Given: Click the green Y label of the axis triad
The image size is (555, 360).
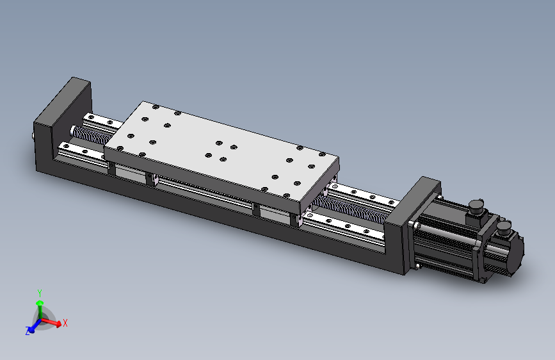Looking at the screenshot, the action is pyautogui.click(x=40, y=293).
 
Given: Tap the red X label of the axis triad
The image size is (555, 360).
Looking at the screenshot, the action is pyautogui.click(x=65, y=323).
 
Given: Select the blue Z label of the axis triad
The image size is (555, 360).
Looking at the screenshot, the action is pyautogui.click(x=28, y=331).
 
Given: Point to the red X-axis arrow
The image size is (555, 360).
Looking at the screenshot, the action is pyautogui.click(x=51, y=322).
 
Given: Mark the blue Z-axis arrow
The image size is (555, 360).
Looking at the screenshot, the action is pyautogui.click(x=35, y=325).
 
